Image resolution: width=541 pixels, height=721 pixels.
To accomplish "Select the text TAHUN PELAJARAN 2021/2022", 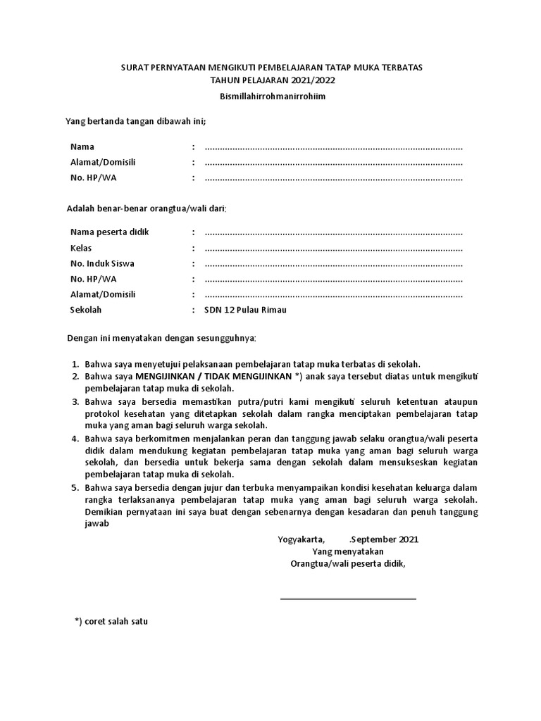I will (x=270, y=80).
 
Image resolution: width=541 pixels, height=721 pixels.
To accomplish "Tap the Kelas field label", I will (x=81, y=248).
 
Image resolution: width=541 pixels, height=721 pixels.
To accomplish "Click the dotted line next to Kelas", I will (x=333, y=249).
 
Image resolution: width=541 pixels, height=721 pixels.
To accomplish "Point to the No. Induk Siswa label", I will (x=102, y=263).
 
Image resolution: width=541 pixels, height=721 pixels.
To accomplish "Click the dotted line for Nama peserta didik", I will (x=333, y=234).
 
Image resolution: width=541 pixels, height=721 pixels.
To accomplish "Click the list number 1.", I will (x=75, y=364).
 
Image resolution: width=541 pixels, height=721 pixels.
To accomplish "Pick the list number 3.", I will (x=75, y=401).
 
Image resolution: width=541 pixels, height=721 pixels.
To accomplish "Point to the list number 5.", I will (x=75, y=487).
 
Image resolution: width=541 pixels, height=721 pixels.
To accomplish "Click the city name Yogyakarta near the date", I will (x=301, y=539).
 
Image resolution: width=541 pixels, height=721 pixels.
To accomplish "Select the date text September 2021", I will (x=385, y=539).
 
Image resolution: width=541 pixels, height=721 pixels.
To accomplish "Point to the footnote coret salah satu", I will (x=111, y=622).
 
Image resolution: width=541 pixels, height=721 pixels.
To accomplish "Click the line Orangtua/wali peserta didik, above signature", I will (x=348, y=564).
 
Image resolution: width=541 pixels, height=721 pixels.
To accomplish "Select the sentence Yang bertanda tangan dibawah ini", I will (x=136, y=121).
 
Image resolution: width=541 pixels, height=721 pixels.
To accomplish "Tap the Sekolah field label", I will (x=86, y=310).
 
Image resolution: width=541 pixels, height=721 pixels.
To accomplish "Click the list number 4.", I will (x=75, y=438).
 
